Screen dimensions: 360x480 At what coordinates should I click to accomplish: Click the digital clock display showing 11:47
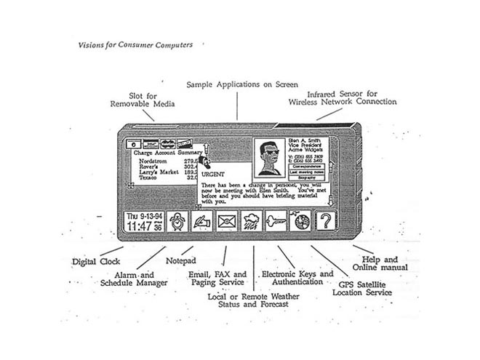pos(144,220)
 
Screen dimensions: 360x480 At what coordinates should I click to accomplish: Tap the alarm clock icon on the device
pos(177,220)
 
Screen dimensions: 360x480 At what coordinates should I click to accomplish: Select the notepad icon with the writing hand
pos(202,220)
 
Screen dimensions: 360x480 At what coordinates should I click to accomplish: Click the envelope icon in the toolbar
pos(228,220)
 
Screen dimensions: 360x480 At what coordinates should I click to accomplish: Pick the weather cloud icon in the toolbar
pos(252,220)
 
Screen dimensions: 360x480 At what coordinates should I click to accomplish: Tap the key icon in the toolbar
pos(276,220)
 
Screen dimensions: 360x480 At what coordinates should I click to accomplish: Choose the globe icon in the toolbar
pos(300,220)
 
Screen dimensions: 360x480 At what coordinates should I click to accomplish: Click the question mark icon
pos(324,220)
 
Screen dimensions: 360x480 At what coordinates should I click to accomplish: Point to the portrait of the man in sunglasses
pos(270,158)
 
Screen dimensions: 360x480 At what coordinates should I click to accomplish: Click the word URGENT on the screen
pos(213,175)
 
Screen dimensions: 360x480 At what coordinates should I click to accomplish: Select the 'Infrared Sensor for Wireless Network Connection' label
pos(352,98)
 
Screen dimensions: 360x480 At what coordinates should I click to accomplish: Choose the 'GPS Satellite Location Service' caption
pos(362,288)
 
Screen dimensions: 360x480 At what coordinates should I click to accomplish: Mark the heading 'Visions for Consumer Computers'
pos(135,45)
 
